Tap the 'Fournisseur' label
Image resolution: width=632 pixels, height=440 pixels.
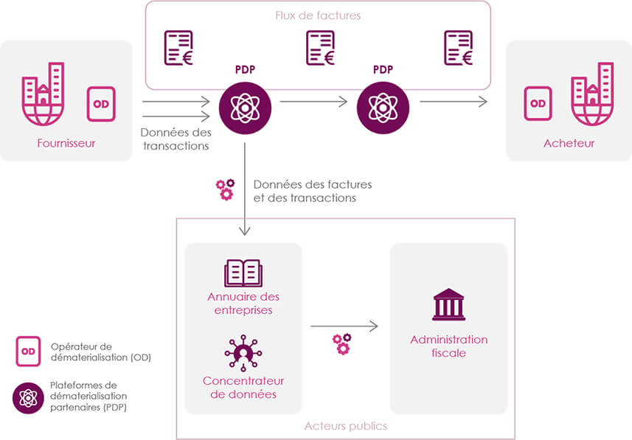[x=66, y=143]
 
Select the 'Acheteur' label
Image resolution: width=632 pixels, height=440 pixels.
[x=569, y=143]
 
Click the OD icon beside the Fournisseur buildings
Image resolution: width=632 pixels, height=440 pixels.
[x=101, y=104]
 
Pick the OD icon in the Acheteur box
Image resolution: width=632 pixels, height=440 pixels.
[x=538, y=103]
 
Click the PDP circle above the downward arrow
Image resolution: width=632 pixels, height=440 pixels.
[x=246, y=108]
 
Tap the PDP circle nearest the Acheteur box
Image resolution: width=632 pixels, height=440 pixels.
[x=383, y=108]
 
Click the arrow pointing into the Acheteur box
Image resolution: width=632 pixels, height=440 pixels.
[x=454, y=102]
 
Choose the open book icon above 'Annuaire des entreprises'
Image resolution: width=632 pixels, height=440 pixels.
[x=243, y=272]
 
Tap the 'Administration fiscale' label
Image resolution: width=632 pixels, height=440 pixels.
[x=448, y=346]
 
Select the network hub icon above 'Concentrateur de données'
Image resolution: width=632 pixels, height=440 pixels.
[x=243, y=352]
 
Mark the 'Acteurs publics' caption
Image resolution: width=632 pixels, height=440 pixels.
[x=346, y=426]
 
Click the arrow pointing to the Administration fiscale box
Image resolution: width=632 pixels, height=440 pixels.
[x=344, y=326]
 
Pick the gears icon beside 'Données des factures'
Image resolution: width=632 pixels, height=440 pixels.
[x=225, y=189]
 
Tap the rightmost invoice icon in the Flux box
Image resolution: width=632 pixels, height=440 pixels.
[x=459, y=48]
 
